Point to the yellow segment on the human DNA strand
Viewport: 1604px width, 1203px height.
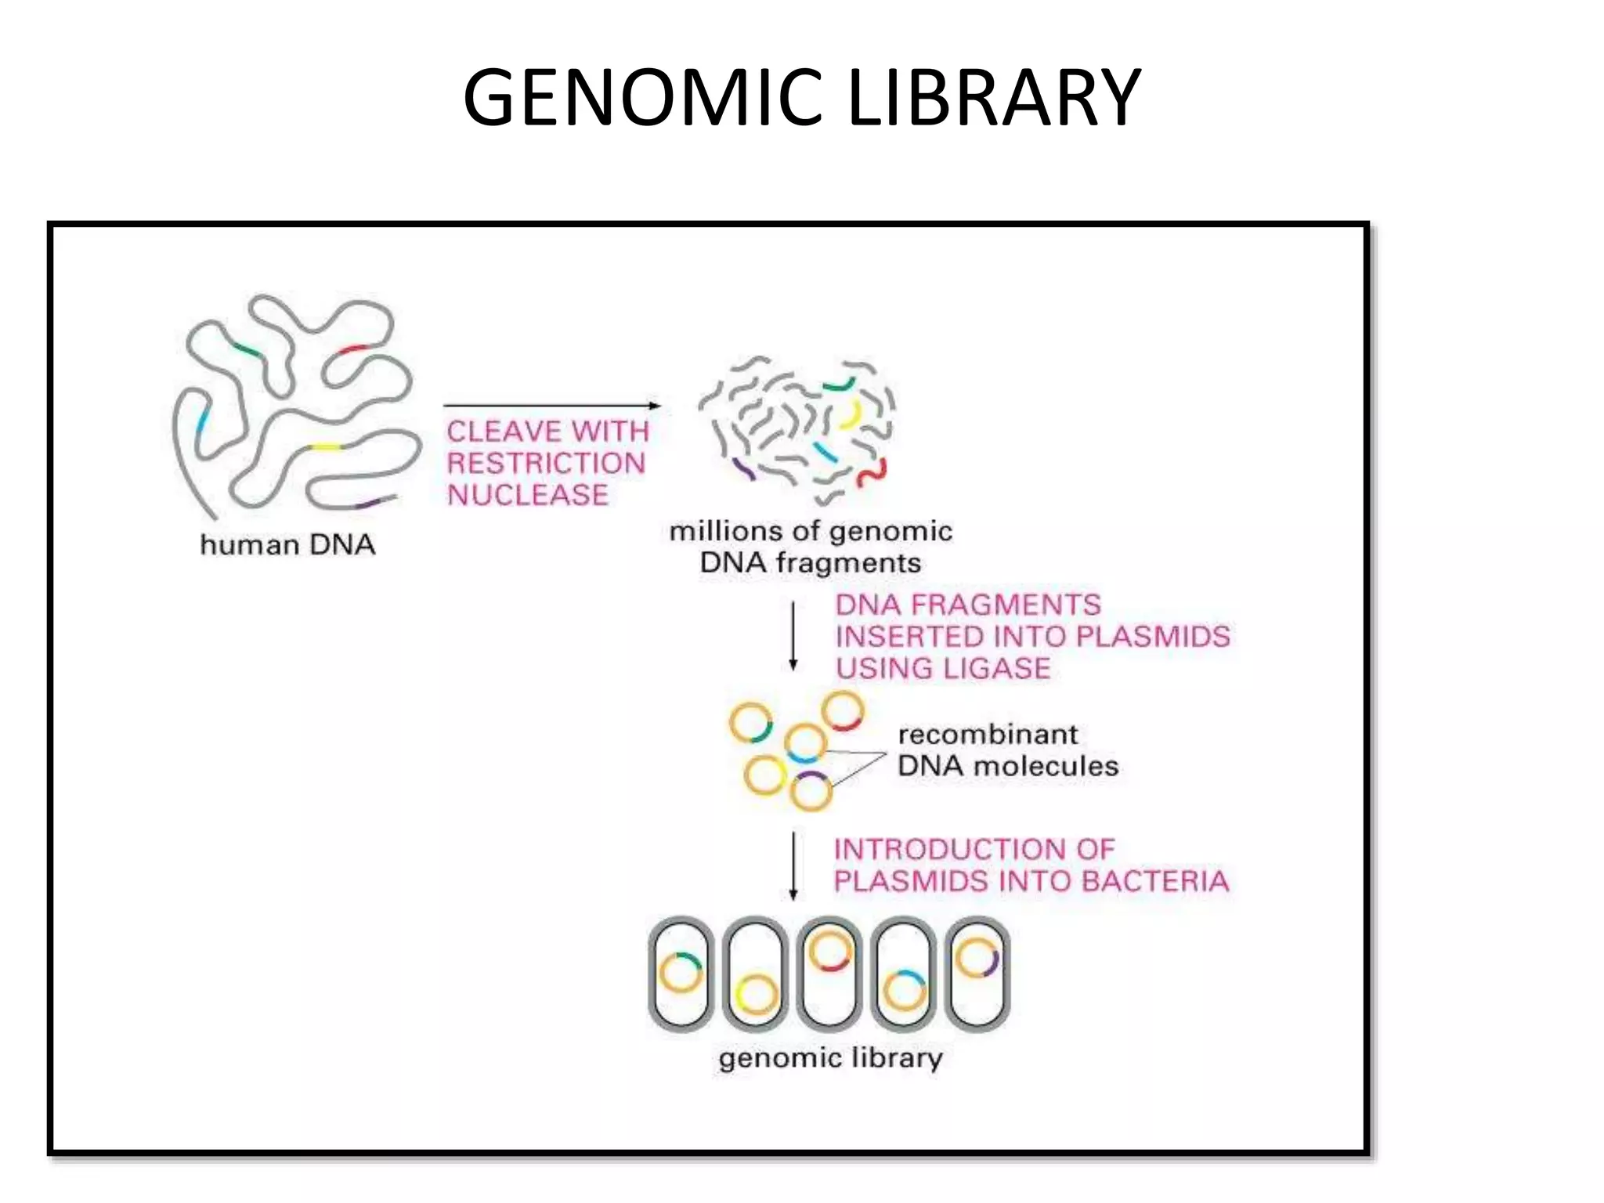pyautogui.click(x=326, y=447)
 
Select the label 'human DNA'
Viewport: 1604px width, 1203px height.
pyautogui.click(x=287, y=545)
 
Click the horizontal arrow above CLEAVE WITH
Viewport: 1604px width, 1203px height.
pyautogui.click(x=552, y=406)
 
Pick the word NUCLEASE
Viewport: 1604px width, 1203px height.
pyautogui.click(x=527, y=496)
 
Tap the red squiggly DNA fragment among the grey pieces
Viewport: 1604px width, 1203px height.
pyautogui.click(x=872, y=472)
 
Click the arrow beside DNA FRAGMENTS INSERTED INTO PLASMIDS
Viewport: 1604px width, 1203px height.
pyautogui.click(x=793, y=636)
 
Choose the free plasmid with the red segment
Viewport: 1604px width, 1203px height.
pyautogui.click(x=843, y=711)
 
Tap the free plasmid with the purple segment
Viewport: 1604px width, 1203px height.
pyautogui.click(x=811, y=791)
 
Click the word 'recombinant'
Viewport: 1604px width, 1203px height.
pyautogui.click(x=988, y=735)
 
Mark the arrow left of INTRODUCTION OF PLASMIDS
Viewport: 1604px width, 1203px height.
pyautogui.click(x=793, y=865)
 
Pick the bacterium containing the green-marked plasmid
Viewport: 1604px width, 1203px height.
pyautogui.click(x=681, y=974)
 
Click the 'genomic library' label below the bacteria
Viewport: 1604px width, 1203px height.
pyautogui.click(x=830, y=1059)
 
